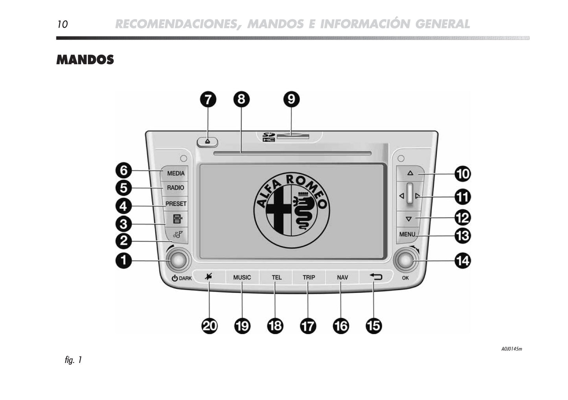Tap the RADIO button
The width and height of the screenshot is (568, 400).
(x=175, y=188)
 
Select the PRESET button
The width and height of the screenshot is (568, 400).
(x=176, y=204)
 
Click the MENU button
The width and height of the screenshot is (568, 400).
(x=407, y=234)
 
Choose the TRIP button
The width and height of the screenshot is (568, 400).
(x=309, y=277)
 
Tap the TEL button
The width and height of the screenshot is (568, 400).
(x=276, y=277)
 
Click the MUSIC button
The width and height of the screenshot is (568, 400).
(x=242, y=277)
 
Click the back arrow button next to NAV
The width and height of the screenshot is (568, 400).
(x=376, y=277)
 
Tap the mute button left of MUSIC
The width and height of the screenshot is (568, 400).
(x=208, y=277)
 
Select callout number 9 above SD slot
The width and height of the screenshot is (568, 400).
(x=291, y=99)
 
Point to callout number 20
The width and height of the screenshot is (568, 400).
(x=210, y=326)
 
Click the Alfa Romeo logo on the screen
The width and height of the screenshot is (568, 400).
(x=291, y=210)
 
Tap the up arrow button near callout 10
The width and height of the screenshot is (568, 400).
(x=410, y=173)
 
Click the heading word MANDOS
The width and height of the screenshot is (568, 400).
(x=85, y=60)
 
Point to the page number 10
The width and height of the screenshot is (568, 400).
(x=62, y=24)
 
